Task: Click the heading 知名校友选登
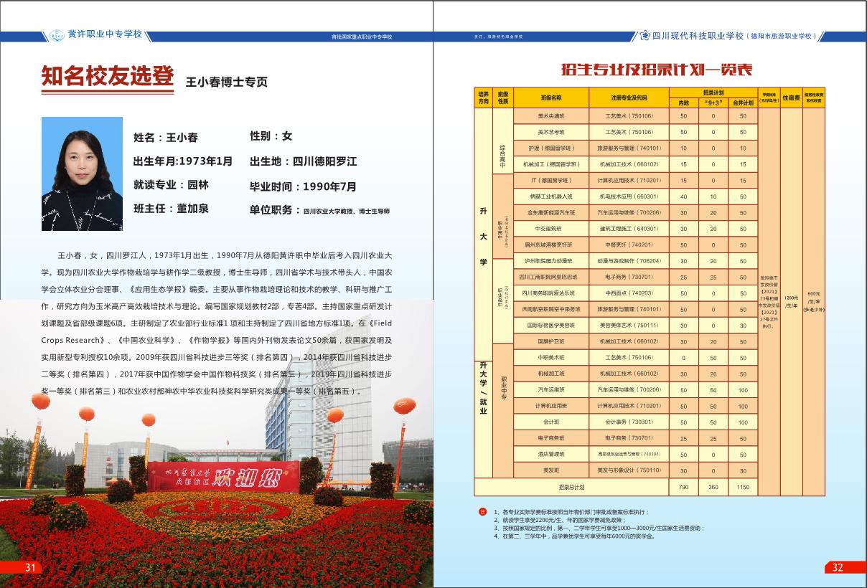pyautogui.click(x=108, y=77)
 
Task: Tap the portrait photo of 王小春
pyautogui.click(x=82, y=174)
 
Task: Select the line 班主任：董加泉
pyautogui.click(x=171, y=209)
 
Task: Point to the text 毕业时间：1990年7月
pyautogui.click(x=303, y=186)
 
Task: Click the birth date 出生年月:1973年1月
pyautogui.click(x=183, y=161)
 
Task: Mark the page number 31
pyautogui.click(x=30, y=567)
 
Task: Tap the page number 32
pyautogui.click(x=838, y=567)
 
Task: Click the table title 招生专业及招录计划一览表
pyautogui.click(x=657, y=70)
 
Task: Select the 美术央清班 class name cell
pyautogui.click(x=551, y=116)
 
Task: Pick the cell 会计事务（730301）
pyautogui.click(x=629, y=422)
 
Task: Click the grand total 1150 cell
pyautogui.click(x=743, y=488)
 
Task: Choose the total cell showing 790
pyautogui.click(x=683, y=488)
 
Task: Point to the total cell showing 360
pyautogui.click(x=713, y=488)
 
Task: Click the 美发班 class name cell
pyautogui.click(x=551, y=470)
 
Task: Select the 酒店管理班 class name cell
pyautogui.click(x=551, y=455)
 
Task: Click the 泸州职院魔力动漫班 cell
pyautogui.click(x=551, y=261)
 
